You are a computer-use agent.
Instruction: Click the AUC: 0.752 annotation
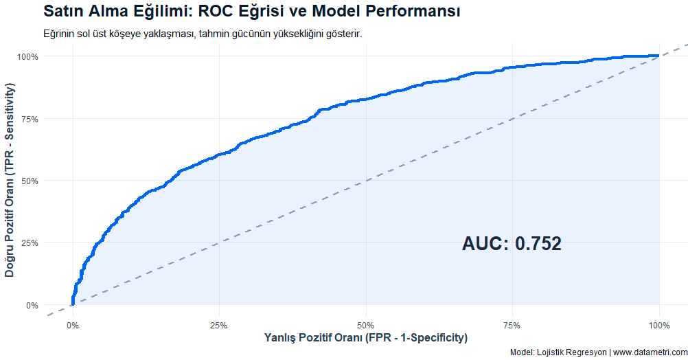[x=512, y=244]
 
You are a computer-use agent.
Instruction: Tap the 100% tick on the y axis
[x=27, y=56]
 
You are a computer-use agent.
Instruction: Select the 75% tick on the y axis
[x=30, y=119]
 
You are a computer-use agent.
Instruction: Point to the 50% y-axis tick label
[x=30, y=181]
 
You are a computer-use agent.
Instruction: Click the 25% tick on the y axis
[x=30, y=243]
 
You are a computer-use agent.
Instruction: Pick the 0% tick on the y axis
[x=32, y=305]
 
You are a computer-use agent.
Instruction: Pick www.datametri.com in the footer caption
[x=650, y=352]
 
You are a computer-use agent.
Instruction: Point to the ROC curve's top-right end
[x=658, y=56]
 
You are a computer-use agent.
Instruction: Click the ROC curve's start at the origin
[x=72, y=304]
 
